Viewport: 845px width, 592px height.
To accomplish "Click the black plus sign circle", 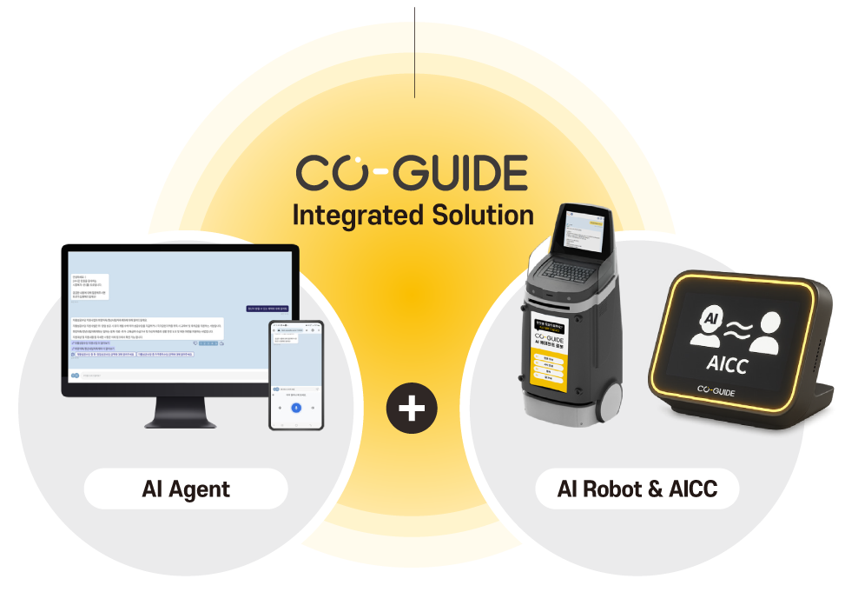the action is click(412, 408).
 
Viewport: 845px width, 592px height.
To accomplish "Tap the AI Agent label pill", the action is click(186, 489).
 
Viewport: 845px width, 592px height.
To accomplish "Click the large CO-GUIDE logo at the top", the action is click(412, 172).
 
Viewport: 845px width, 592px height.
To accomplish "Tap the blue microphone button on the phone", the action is click(296, 407).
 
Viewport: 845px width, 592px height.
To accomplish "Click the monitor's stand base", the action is click(180, 422).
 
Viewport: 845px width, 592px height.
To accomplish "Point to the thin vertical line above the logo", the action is click(415, 52).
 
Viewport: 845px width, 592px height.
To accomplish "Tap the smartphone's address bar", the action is click(296, 330).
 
